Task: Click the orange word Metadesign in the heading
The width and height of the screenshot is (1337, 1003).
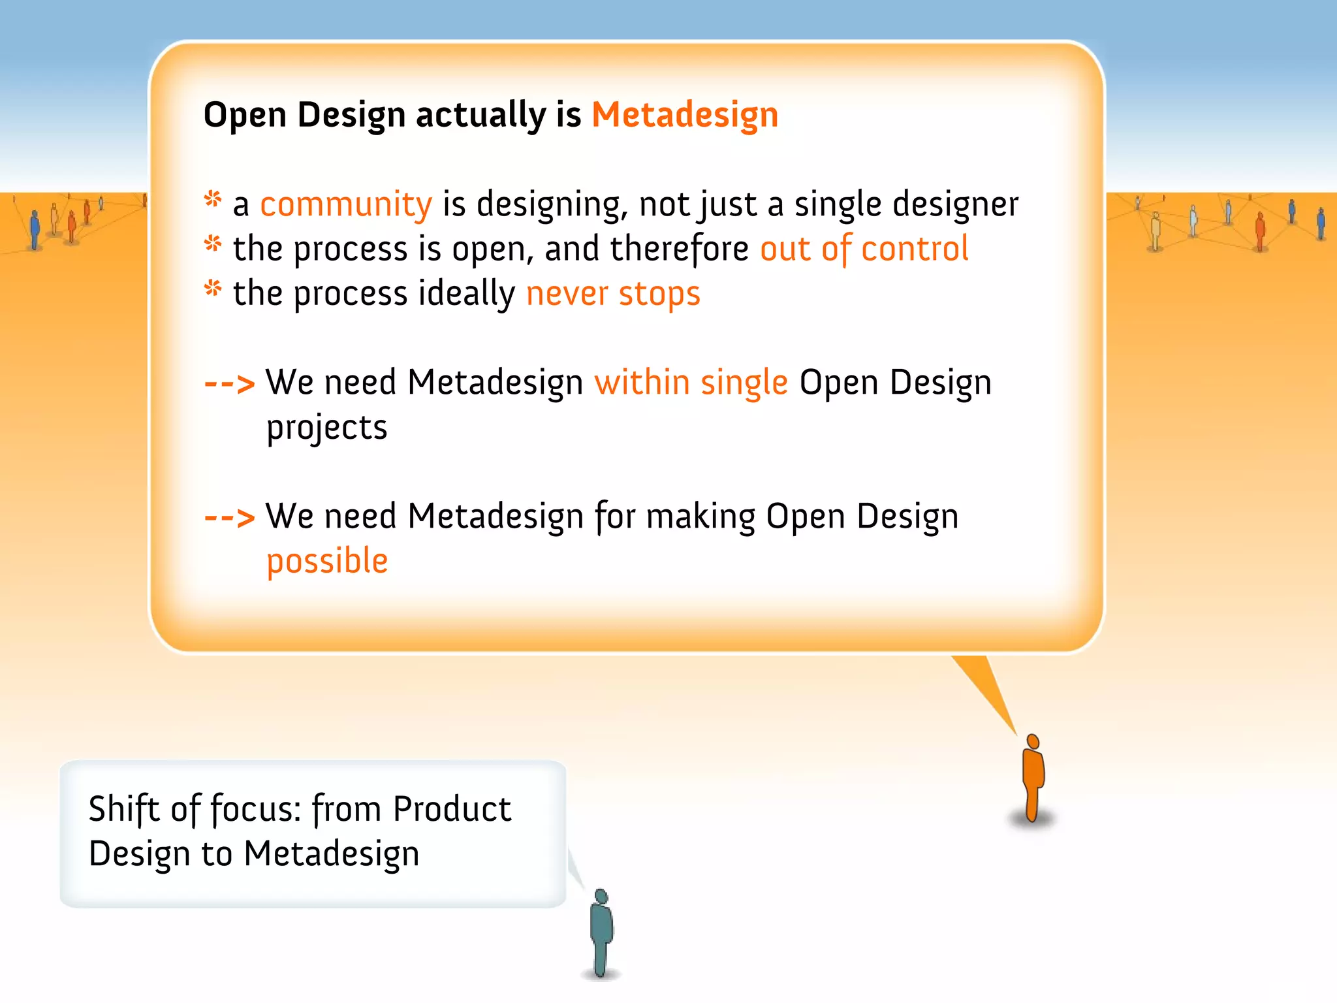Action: click(685, 116)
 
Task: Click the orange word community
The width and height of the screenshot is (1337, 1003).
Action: click(346, 205)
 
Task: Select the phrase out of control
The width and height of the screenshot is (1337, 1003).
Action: click(864, 249)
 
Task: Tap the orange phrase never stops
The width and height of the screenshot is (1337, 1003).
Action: click(613, 294)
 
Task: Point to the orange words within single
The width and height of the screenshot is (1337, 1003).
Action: click(691, 383)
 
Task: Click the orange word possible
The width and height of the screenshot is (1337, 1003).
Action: click(327, 562)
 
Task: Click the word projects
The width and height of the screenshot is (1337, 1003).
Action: click(327, 428)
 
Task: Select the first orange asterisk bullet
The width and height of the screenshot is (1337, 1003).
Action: click(213, 199)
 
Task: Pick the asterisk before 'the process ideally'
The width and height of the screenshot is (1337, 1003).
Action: click(213, 288)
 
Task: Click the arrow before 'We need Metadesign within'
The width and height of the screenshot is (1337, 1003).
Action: click(229, 384)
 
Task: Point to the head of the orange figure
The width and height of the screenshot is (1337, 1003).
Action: click(1033, 741)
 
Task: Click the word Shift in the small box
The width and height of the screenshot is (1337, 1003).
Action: click(124, 810)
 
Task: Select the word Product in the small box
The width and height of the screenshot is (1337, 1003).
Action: click(452, 810)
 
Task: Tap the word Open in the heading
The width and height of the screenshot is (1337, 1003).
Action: click(245, 116)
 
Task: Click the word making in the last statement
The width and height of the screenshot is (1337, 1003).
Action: click(700, 517)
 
